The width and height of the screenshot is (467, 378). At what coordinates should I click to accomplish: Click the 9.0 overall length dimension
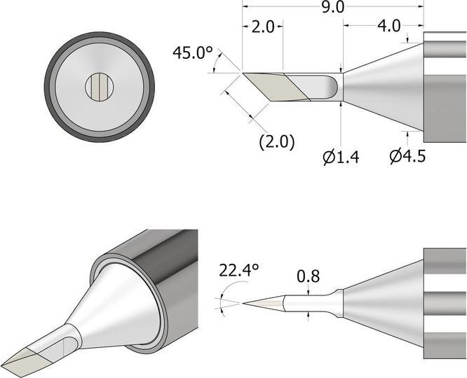[332, 8]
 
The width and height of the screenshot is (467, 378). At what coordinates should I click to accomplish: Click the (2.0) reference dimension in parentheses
[277, 141]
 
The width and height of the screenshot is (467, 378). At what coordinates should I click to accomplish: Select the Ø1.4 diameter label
[341, 157]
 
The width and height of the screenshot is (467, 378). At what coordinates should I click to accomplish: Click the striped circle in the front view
[100, 87]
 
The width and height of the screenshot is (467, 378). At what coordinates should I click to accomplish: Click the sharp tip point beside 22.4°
[245, 303]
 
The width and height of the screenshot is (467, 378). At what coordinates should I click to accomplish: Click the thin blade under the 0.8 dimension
[309, 303]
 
